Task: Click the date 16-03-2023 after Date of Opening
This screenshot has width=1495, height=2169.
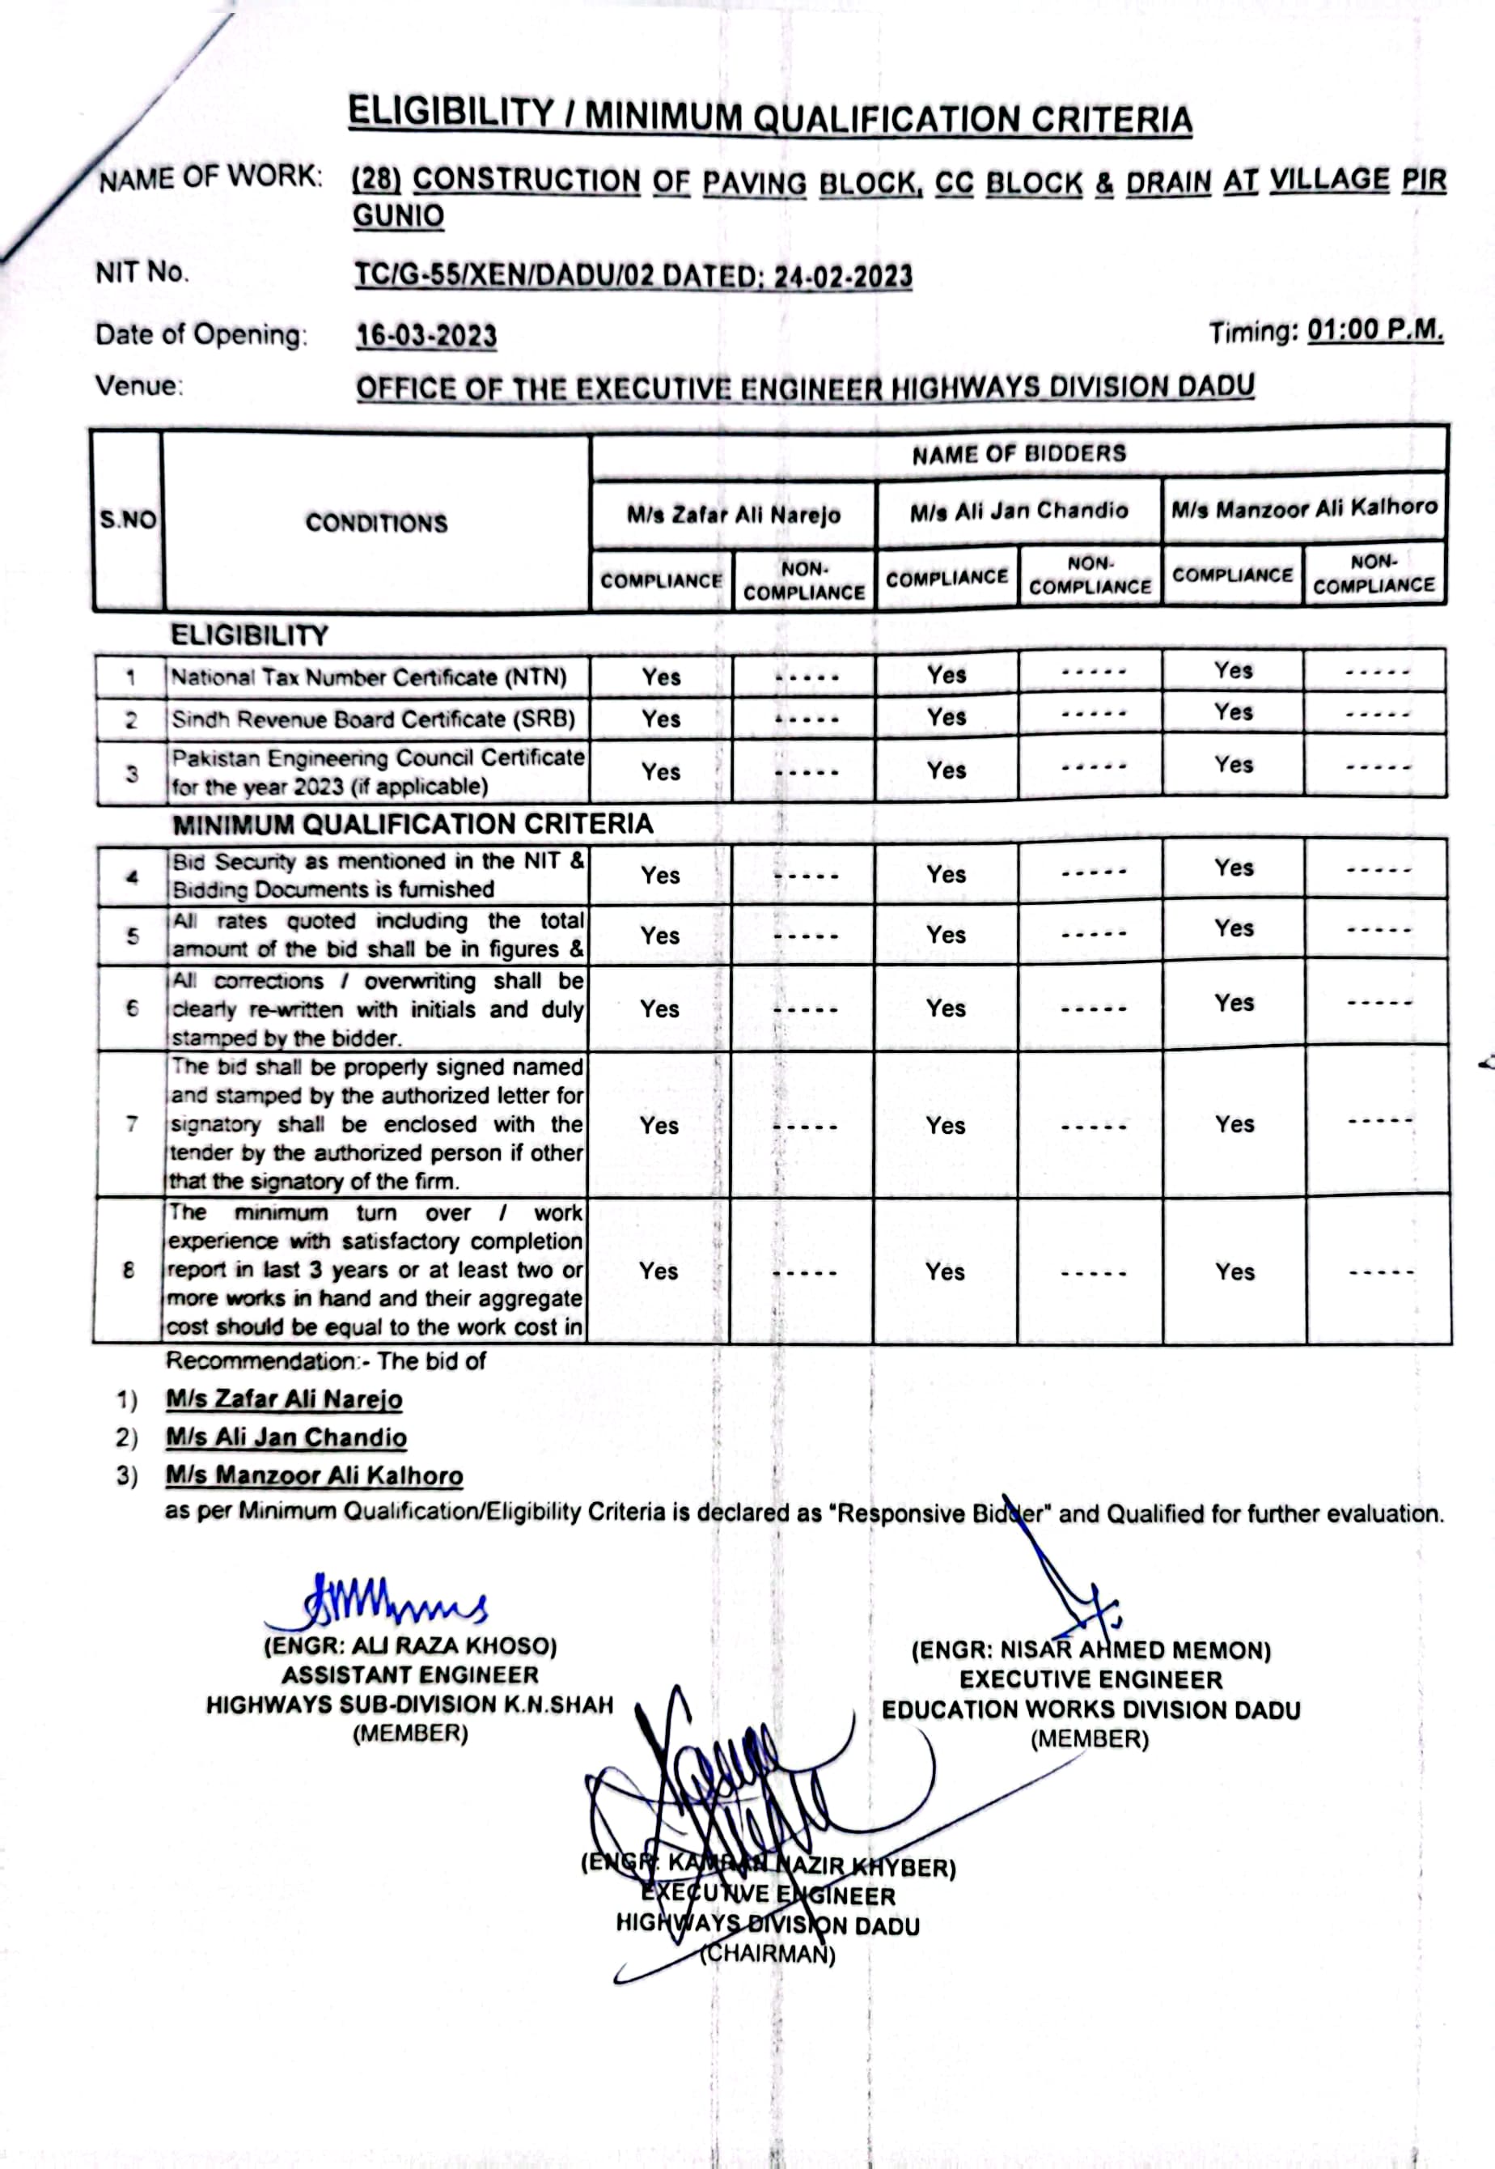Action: pyautogui.click(x=426, y=335)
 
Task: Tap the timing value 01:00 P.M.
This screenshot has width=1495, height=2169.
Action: pyautogui.click(x=1375, y=331)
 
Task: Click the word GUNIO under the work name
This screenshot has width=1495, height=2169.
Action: pyautogui.click(x=398, y=216)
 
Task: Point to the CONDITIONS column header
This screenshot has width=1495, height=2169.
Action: pyautogui.click(x=376, y=523)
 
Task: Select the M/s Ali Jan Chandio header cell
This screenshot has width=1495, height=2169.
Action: pyautogui.click(x=1019, y=511)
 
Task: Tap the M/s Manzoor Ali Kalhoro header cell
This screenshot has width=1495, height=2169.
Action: pyautogui.click(x=1304, y=507)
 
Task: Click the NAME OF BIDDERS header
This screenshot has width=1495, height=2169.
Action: pyautogui.click(x=1019, y=454)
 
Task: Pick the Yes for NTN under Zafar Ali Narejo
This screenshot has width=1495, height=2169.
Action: pyautogui.click(x=660, y=677)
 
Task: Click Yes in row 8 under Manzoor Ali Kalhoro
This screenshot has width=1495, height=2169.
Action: pyautogui.click(x=1235, y=1271)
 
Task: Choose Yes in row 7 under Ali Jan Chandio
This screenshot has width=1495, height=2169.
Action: pyautogui.click(x=945, y=1125)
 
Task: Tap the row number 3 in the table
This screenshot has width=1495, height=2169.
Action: pyautogui.click(x=132, y=774)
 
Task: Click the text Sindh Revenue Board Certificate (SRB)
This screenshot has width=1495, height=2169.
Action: pyautogui.click(x=373, y=719)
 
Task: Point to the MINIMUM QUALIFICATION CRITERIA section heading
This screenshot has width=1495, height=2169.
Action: pyautogui.click(x=412, y=825)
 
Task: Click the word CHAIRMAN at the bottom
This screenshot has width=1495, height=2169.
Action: pyautogui.click(x=768, y=1955)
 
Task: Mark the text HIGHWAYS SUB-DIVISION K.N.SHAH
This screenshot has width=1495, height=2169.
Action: pyautogui.click(x=409, y=1705)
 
